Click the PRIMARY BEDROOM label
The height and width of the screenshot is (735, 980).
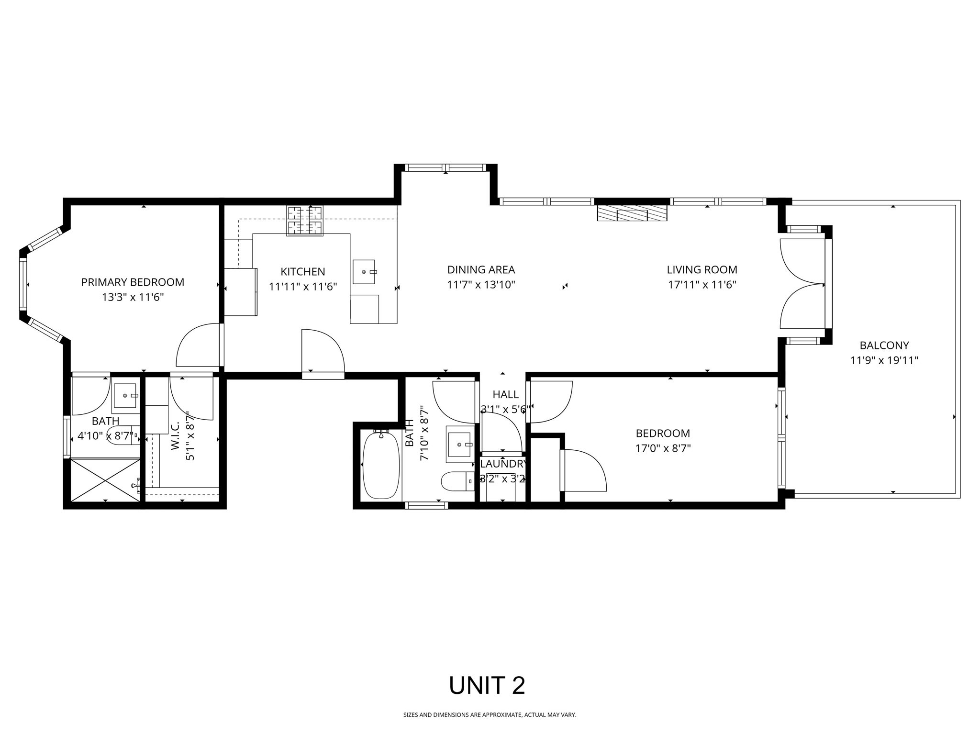133,282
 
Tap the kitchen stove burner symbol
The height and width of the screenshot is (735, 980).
305,221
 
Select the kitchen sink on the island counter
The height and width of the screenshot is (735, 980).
364,272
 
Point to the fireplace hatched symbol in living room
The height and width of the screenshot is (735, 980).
632,213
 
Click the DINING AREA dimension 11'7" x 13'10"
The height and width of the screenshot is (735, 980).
481,285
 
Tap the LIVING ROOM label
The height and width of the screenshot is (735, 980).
702,270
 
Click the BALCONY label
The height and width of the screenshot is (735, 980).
884,345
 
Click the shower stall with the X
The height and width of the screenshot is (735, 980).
105,480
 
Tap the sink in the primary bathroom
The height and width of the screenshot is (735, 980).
125,396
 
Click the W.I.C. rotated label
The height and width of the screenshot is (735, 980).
176,436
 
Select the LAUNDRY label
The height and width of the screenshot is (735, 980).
503,464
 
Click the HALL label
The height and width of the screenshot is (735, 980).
505,395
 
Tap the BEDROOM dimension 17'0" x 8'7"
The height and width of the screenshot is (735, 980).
663,449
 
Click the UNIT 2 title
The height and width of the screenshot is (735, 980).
487,686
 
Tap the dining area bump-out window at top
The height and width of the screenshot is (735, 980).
445,168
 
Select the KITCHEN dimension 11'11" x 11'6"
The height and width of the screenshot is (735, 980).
303,287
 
